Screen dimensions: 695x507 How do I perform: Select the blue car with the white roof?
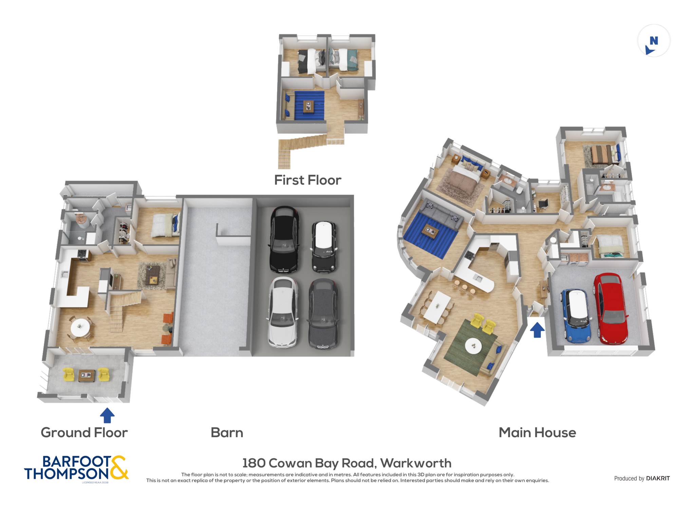pos(576,316)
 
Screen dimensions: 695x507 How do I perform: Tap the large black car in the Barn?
pos(284,239)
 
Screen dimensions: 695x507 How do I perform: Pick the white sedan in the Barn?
pos(283,312)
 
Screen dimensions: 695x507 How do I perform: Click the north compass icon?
pos(654,41)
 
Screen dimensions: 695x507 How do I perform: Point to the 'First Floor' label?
pos(307,180)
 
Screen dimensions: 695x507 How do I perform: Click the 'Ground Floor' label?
pos(84,433)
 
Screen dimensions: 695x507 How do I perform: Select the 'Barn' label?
pos(227,433)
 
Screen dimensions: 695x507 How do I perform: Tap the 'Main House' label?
pos(537,433)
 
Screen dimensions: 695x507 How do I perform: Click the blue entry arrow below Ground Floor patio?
pos(107,415)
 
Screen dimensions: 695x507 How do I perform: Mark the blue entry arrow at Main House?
pos(537,330)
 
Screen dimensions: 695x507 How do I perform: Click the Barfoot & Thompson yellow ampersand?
pos(118,467)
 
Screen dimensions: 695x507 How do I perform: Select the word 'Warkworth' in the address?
pos(416,463)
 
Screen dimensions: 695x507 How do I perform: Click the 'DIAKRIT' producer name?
pos(658,478)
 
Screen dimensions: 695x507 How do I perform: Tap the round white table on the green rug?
pos(473,346)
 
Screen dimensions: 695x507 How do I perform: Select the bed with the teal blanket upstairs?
pos(343,60)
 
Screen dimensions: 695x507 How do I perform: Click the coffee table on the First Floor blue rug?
pos(308,107)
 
